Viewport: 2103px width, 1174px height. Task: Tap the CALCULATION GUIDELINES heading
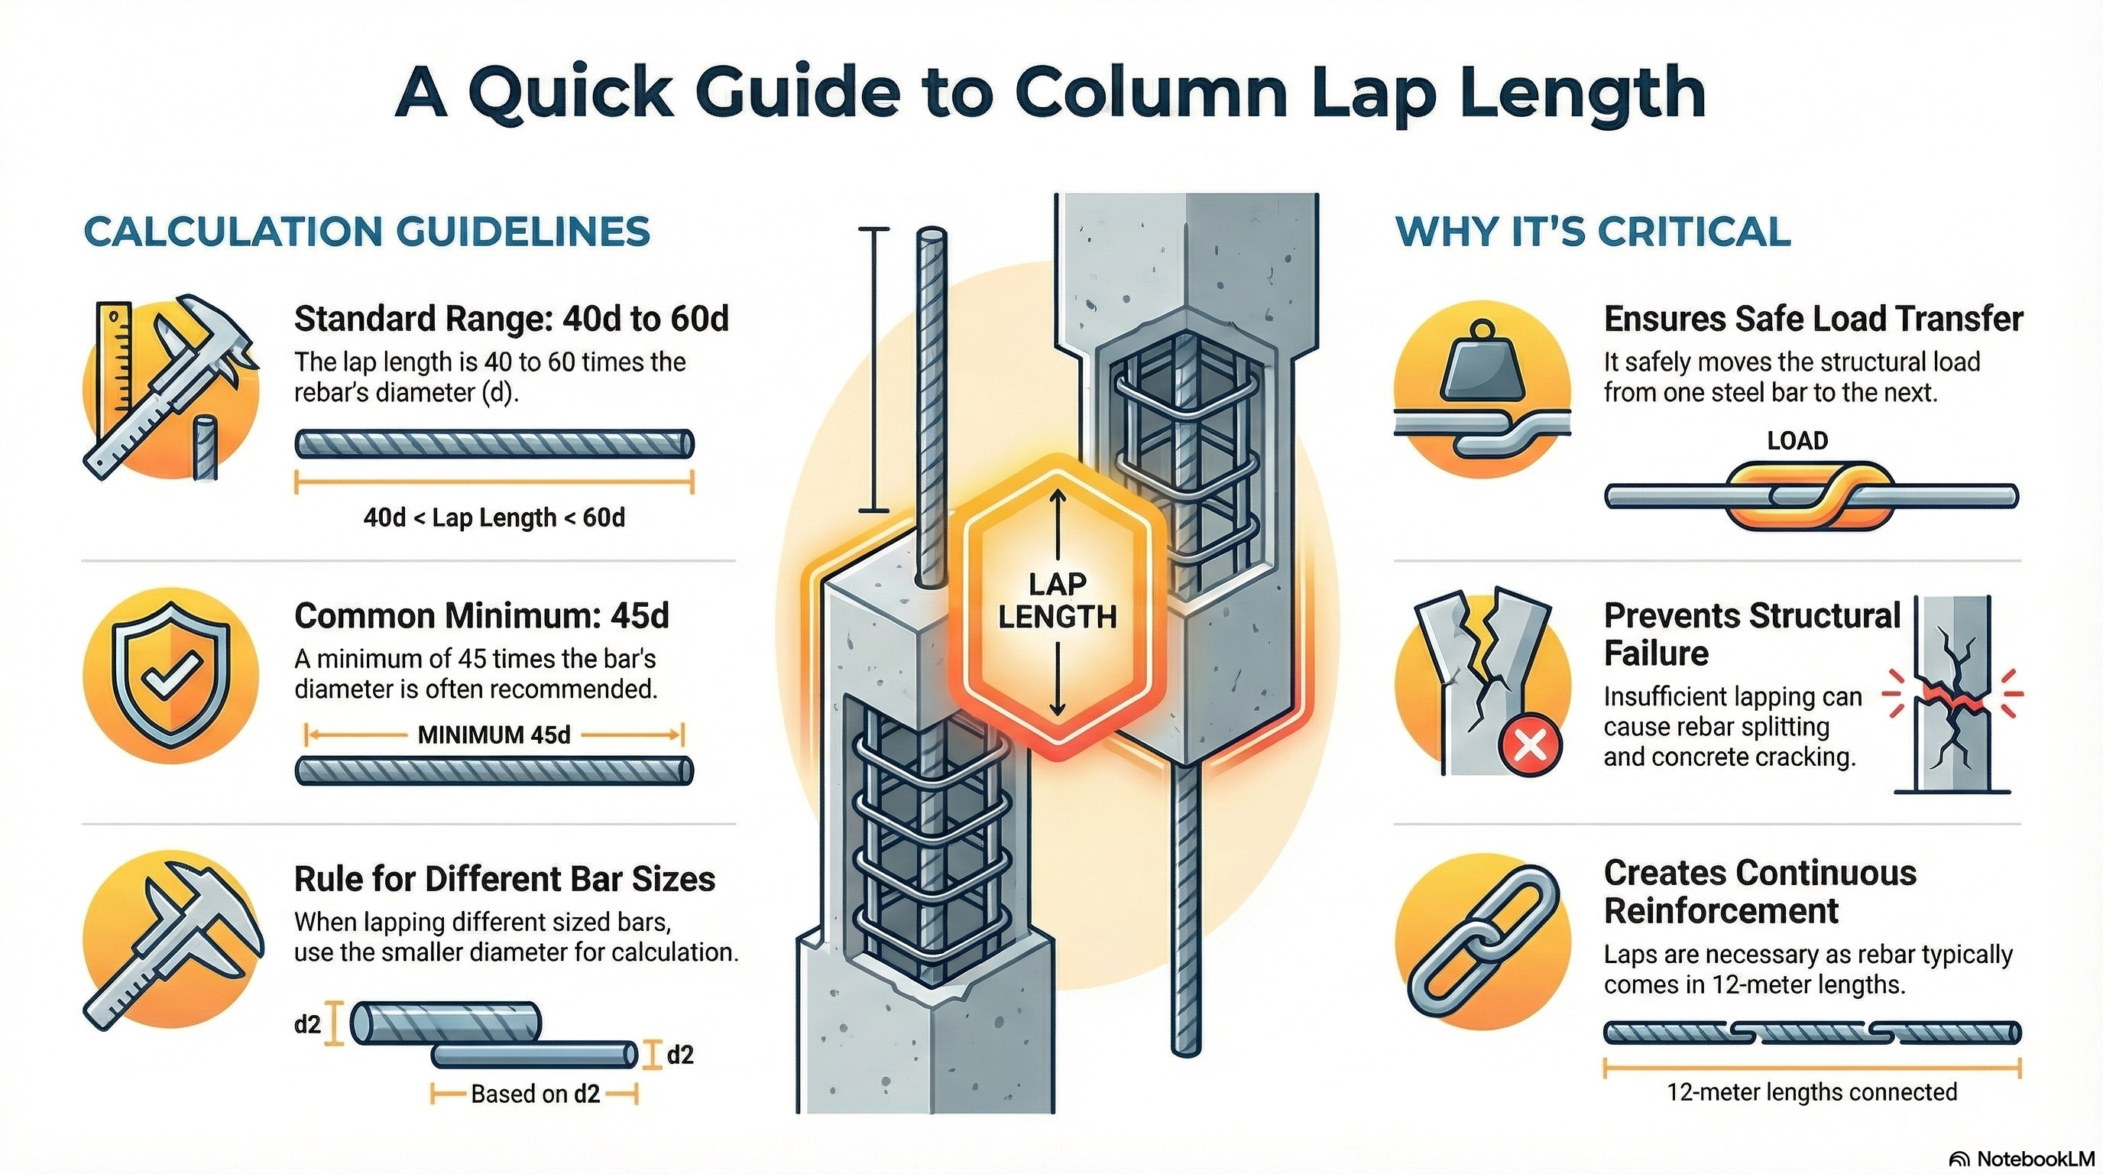point(367,232)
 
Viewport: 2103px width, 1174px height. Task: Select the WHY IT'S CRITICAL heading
point(1593,232)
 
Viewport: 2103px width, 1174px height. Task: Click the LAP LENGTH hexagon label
point(1057,600)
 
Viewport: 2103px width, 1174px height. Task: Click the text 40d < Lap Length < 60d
point(494,517)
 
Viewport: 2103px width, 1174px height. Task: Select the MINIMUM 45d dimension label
point(494,735)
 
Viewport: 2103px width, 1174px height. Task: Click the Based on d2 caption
point(535,1094)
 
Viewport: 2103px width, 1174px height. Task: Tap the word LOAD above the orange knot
point(1797,441)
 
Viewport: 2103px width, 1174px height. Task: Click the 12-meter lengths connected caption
point(1812,1092)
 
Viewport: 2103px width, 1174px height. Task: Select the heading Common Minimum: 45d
point(481,616)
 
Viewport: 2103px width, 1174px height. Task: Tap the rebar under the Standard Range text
point(494,444)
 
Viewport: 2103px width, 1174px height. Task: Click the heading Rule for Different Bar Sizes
point(504,879)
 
